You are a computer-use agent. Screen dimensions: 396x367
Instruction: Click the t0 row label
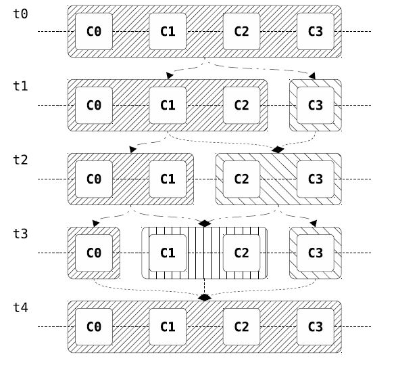coord(20,14)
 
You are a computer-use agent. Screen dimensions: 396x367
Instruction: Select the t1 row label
coord(20,86)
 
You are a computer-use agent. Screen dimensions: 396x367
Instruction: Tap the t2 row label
coord(20,160)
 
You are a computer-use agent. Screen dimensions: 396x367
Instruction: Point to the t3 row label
coord(20,234)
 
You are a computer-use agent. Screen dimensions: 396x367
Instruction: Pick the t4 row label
coord(20,307)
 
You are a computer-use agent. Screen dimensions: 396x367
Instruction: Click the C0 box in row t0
coord(94,32)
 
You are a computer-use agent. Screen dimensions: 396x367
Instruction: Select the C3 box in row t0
coord(316,32)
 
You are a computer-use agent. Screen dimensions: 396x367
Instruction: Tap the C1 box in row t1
coord(168,105)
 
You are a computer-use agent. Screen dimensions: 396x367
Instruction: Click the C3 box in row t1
coord(316,105)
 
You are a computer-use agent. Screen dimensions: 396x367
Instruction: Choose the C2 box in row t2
coord(242,179)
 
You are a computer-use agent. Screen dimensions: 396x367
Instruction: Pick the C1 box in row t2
coord(168,179)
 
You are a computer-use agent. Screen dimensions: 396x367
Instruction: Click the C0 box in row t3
coord(94,253)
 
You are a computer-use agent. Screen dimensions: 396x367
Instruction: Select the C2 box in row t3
coord(242,253)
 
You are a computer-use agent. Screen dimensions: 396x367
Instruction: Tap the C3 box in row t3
coord(316,253)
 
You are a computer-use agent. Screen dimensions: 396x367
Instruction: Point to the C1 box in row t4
coord(168,327)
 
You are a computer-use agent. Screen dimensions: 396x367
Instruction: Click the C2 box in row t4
coord(242,327)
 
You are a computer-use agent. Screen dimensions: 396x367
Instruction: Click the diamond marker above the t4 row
coord(205,297)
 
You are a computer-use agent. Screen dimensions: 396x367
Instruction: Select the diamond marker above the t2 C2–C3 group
coord(278,150)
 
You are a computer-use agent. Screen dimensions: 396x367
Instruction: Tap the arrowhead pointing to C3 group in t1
coord(312,76)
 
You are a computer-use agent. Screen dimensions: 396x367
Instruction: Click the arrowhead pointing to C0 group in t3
coord(96,223)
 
